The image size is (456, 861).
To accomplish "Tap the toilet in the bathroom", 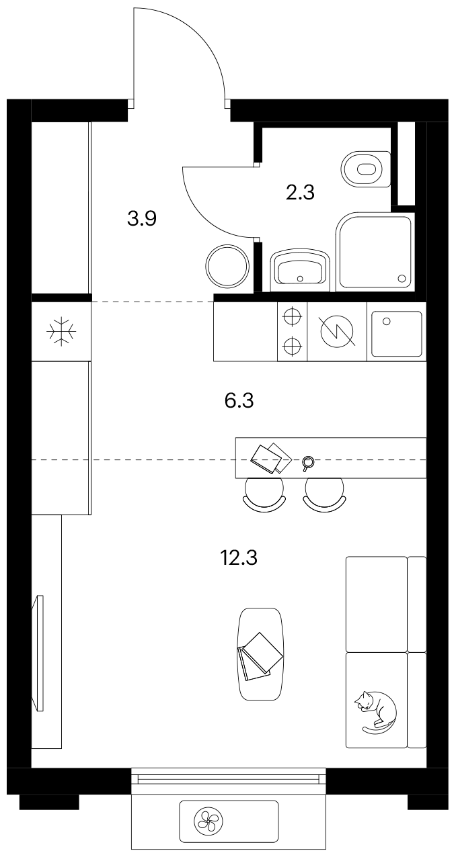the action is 366,169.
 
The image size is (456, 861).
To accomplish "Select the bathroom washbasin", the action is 301,270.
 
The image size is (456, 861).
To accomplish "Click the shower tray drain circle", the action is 402,278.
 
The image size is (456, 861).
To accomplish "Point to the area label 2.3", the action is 300,192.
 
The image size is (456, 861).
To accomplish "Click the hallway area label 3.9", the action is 142,219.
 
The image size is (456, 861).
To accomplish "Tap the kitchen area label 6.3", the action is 239,401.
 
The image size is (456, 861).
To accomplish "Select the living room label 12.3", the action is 239,557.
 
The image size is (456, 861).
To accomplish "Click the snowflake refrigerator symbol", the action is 62,331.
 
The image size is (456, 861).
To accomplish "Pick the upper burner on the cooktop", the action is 292,316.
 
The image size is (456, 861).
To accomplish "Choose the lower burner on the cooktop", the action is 292,347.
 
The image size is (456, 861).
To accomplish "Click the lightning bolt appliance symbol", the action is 338,331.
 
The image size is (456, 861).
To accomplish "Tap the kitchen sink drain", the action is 387,321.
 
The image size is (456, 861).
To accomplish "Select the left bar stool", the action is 265,495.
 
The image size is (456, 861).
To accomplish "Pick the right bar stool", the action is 324,495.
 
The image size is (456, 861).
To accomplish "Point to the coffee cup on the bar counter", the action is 308,463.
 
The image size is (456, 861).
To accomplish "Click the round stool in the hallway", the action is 227,266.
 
